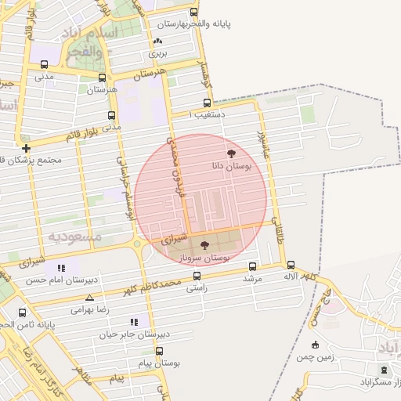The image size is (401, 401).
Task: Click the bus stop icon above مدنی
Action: click(44, 65)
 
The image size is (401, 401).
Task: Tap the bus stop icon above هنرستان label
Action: click(102, 78)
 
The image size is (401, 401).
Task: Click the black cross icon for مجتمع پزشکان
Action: click(27, 147)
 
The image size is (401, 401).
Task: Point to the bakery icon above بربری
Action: click(159, 42)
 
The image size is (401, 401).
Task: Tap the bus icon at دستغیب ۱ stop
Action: click(207, 102)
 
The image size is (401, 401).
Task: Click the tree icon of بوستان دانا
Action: click(231, 154)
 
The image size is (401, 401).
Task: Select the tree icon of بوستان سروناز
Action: click(204, 245)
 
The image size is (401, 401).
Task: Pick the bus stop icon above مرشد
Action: click(251, 266)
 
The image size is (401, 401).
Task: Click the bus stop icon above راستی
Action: click(196, 275)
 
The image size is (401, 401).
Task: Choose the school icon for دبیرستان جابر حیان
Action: click(135, 322)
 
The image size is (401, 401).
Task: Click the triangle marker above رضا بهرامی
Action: click(89, 298)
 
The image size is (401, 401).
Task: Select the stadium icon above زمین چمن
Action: click(315, 345)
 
